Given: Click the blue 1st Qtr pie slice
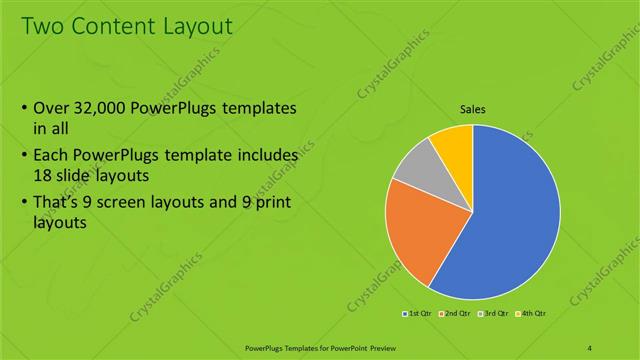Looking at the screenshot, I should [510, 220].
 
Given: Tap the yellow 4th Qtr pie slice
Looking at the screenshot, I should [453, 143].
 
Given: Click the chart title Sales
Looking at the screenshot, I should [473, 109].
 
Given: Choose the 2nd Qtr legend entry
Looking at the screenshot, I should [456, 314].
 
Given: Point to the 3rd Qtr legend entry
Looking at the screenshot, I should [495, 314].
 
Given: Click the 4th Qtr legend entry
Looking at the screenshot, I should [532, 314].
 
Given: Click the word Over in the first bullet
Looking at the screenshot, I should [52, 109].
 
